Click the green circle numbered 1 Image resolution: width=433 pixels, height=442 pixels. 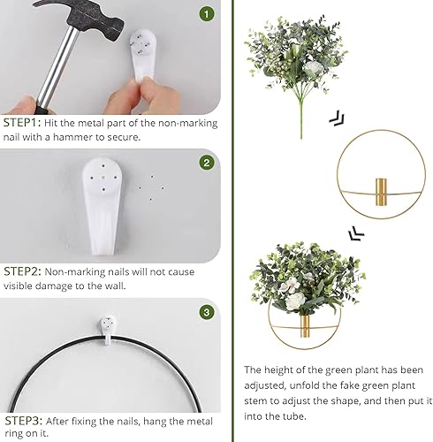206,14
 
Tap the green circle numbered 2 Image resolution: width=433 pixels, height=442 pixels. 206,163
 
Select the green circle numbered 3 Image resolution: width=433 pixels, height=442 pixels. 206,311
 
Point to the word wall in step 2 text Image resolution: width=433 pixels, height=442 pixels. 117,286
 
